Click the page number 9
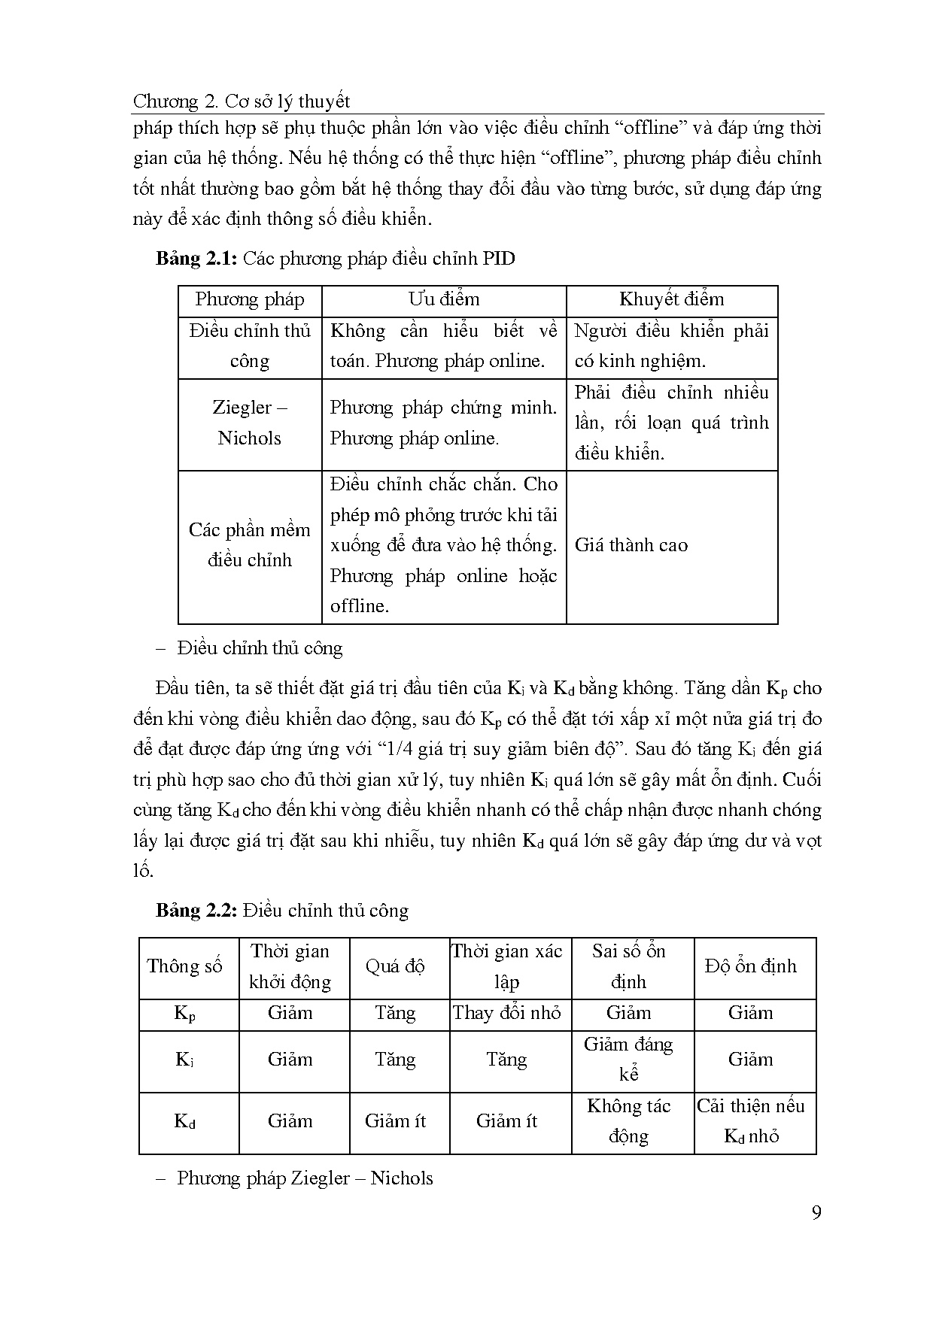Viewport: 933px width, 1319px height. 816,1213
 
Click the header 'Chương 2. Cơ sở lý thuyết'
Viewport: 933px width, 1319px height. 242,101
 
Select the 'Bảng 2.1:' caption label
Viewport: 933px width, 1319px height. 196,259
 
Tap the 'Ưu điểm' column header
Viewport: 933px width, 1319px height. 444,299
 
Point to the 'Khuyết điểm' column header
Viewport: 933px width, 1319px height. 671,299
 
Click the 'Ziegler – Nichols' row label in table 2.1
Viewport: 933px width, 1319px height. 249,423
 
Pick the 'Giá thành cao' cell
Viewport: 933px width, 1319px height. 631,545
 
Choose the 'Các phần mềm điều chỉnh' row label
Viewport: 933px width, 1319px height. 249,544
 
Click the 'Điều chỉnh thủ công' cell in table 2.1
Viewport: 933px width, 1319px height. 249,346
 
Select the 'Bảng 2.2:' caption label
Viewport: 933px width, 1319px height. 196,911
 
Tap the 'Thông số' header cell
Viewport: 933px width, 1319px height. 185,966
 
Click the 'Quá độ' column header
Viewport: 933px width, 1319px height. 395,966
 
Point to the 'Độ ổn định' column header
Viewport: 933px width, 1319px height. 750,966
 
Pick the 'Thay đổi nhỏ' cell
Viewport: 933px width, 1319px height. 506,1013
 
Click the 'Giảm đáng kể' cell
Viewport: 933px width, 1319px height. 628,1059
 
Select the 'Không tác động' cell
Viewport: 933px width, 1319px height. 628,1120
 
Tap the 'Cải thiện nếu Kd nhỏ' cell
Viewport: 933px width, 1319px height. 750,1120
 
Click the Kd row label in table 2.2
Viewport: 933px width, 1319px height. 185,1121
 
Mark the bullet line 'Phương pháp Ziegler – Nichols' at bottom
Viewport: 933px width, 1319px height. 304,1178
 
